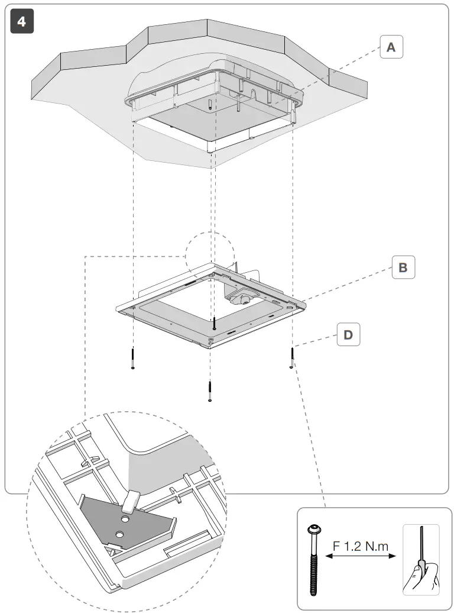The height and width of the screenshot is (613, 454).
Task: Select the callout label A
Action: (391, 47)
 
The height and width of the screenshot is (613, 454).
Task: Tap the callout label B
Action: (403, 267)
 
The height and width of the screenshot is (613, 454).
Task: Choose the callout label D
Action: (348, 335)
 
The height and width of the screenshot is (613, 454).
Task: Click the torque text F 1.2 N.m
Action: (361, 546)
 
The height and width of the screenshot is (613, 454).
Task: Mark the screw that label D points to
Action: (292, 359)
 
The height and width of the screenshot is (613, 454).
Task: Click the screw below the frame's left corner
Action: (134, 359)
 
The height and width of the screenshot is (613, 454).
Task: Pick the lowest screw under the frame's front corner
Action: (210, 391)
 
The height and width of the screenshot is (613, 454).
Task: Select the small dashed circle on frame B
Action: (209, 254)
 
